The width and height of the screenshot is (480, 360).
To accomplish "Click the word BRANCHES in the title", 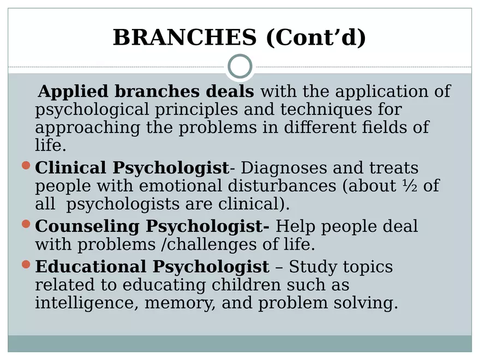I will tap(184, 38).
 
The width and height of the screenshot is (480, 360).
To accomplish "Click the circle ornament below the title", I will tap(239, 67).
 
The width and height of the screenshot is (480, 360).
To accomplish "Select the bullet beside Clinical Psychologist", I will tap(26, 165).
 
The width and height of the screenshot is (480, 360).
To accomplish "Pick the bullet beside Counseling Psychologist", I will tap(26, 224).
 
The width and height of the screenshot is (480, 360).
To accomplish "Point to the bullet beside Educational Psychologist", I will tap(26, 265).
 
